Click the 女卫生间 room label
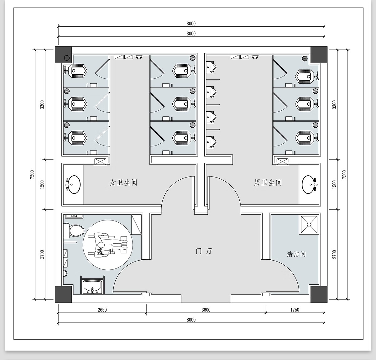[x=123, y=183]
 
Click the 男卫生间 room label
[x=268, y=183]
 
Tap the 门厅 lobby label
[x=204, y=251]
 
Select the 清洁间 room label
[x=296, y=254]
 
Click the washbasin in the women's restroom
[x=73, y=184]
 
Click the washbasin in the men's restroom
[x=309, y=184]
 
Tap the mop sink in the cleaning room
[x=310, y=224]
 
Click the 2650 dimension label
[x=102, y=310]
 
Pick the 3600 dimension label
[x=206, y=310]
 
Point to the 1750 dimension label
[x=295, y=310]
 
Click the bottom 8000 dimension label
[x=191, y=320]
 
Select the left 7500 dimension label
[x=32, y=175]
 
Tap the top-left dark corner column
[x=63, y=55]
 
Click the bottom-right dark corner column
[x=319, y=294]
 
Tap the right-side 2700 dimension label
[x=334, y=254]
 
